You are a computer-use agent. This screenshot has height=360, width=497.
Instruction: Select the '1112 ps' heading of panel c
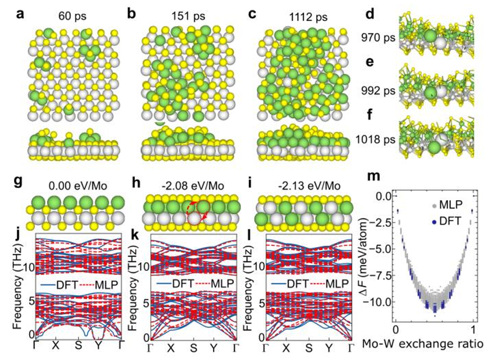(x=309, y=17)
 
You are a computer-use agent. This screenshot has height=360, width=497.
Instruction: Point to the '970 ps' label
(x=378, y=38)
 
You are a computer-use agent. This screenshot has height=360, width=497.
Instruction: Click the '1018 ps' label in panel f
(x=375, y=139)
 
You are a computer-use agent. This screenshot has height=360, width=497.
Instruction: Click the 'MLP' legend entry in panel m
(x=451, y=205)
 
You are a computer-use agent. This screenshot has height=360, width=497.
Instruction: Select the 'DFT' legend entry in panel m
(x=450, y=221)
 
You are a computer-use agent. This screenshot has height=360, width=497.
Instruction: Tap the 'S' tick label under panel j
(x=78, y=345)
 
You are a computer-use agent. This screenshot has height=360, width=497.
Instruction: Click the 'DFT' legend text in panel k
(x=183, y=283)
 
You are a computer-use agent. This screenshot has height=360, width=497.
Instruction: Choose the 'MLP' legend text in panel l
(x=338, y=283)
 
